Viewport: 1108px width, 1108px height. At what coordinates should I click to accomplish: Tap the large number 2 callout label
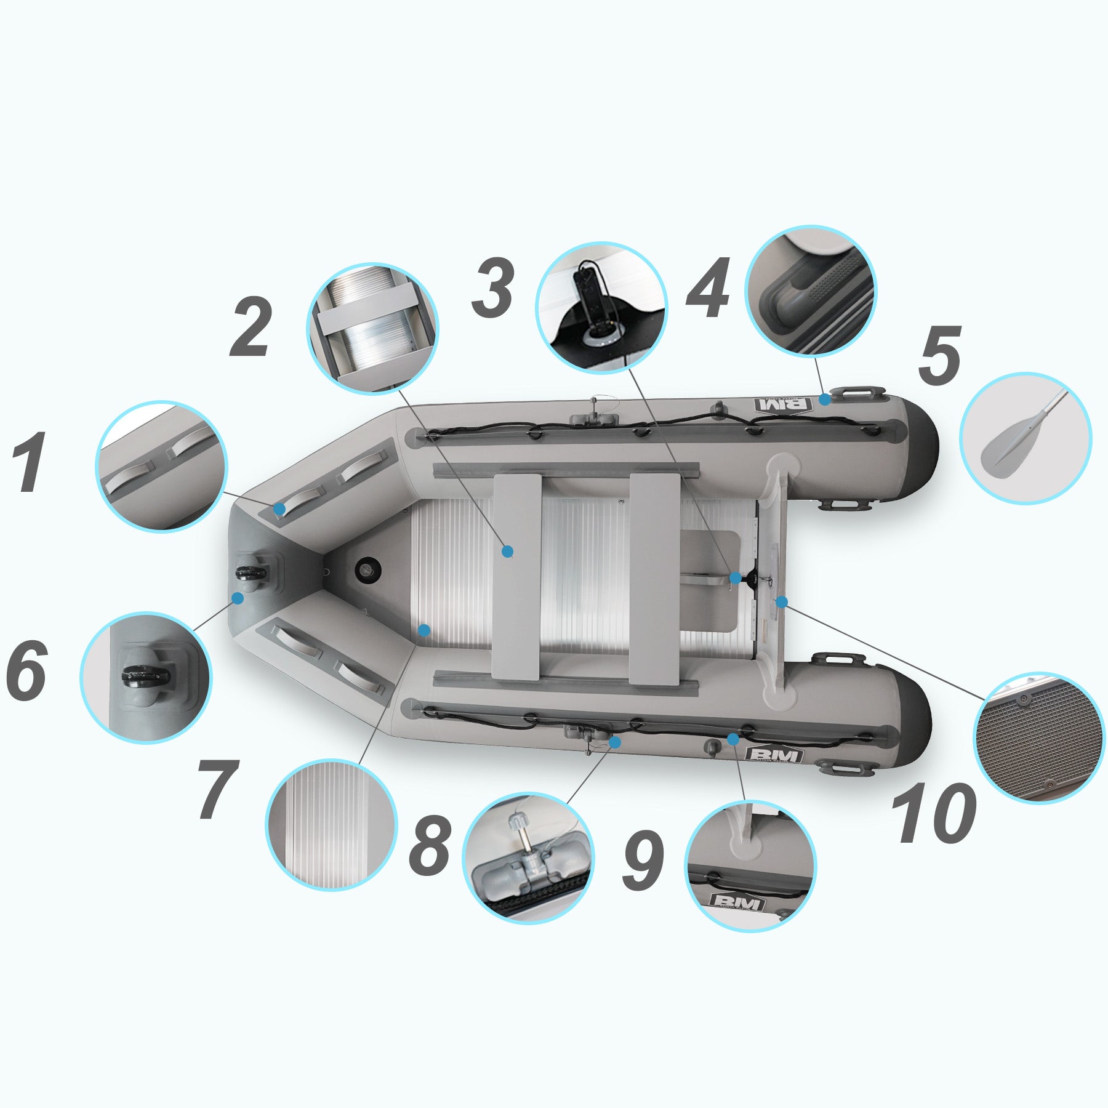(x=251, y=327)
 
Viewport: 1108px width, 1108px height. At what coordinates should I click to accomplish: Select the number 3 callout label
(x=494, y=287)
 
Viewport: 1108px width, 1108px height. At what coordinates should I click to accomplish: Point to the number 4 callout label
(x=709, y=287)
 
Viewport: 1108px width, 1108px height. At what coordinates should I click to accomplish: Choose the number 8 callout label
(x=430, y=844)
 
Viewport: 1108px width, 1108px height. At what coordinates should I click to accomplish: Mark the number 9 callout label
(x=643, y=861)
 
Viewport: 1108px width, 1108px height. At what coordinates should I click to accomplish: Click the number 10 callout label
(x=934, y=813)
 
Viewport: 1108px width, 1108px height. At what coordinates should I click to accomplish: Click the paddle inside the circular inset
(x=1024, y=435)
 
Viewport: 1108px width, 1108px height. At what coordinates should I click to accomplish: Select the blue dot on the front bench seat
(x=507, y=552)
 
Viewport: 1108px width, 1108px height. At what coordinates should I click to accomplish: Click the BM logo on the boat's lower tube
(x=774, y=754)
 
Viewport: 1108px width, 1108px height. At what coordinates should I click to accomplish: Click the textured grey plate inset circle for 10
(x=1038, y=738)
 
